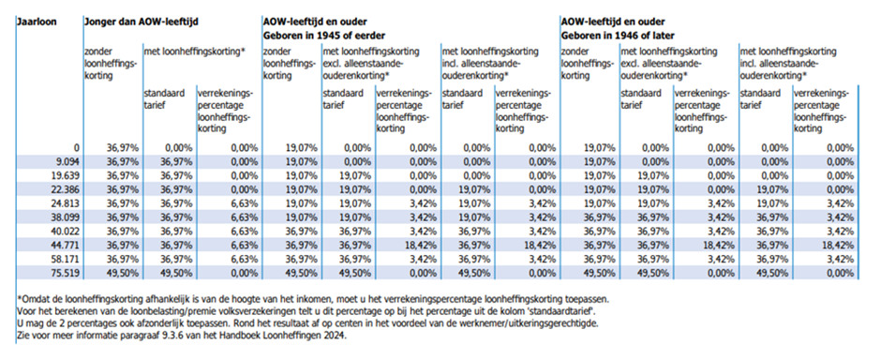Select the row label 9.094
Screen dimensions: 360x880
click(65, 161)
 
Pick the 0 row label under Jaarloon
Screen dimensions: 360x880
click(75, 148)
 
